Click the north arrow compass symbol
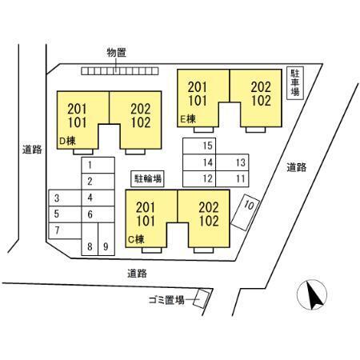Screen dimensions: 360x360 click(x=312, y=294)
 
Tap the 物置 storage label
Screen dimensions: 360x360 click(x=117, y=53)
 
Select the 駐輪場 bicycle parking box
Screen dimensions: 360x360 click(x=147, y=178)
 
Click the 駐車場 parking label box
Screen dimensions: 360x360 click(x=295, y=83)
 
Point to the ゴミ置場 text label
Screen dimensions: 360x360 click(x=166, y=300)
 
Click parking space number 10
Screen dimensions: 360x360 click(x=245, y=212)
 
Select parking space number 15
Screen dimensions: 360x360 click(x=199, y=146)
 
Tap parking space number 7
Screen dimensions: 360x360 click(x=65, y=230)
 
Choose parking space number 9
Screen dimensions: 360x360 click(x=106, y=239)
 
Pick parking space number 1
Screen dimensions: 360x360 click(x=98, y=166)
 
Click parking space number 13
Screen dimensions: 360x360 click(x=232, y=162)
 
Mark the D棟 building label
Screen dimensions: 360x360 click(x=67, y=141)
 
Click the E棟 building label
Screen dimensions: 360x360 click(x=188, y=119)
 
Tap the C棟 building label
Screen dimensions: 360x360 click(x=136, y=239)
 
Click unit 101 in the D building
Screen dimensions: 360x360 click(x=77, y=122)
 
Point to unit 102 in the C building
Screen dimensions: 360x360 click(x=209, y=221)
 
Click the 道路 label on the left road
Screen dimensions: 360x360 click(x=32, y=150)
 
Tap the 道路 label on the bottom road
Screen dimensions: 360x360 click(x=137, y=274)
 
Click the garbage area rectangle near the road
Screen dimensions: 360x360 click(x=202, y=298)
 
